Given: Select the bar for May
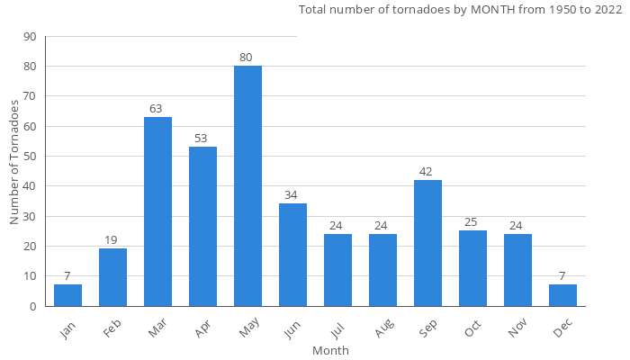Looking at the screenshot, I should pyautogui.click(x=247, y=186).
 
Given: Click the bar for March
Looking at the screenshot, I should pyautogui.click(x=157, y=211).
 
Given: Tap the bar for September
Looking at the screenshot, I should pyautogui.click(x=427, y=243).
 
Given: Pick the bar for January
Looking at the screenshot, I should pyautogui.click(x=67, y=295).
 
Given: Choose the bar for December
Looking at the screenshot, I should pyautogui.click(x=562, y=295).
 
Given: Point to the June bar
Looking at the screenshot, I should pyautogui.click(x=292, y=255).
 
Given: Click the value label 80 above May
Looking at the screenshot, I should pyautogui.click(x=246, y=58).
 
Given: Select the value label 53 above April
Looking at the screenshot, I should pyautogui.click(x=201, y=139).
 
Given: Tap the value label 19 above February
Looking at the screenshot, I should pyautogui.click(x=111, y=240).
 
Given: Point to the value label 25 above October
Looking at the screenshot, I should pyautogui.click(x=471, y=222).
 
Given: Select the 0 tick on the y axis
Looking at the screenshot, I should pyautogui.click(x=33, y=306).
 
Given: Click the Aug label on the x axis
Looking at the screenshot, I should pyautogui.click(x=384, y=329).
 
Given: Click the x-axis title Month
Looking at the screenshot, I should pyautogui.click(x=330, y=350).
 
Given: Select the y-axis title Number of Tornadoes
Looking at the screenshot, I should pyautogui.click(x=14, y=162).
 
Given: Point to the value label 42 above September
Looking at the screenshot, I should pyautogui.click(x=426, y=172).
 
